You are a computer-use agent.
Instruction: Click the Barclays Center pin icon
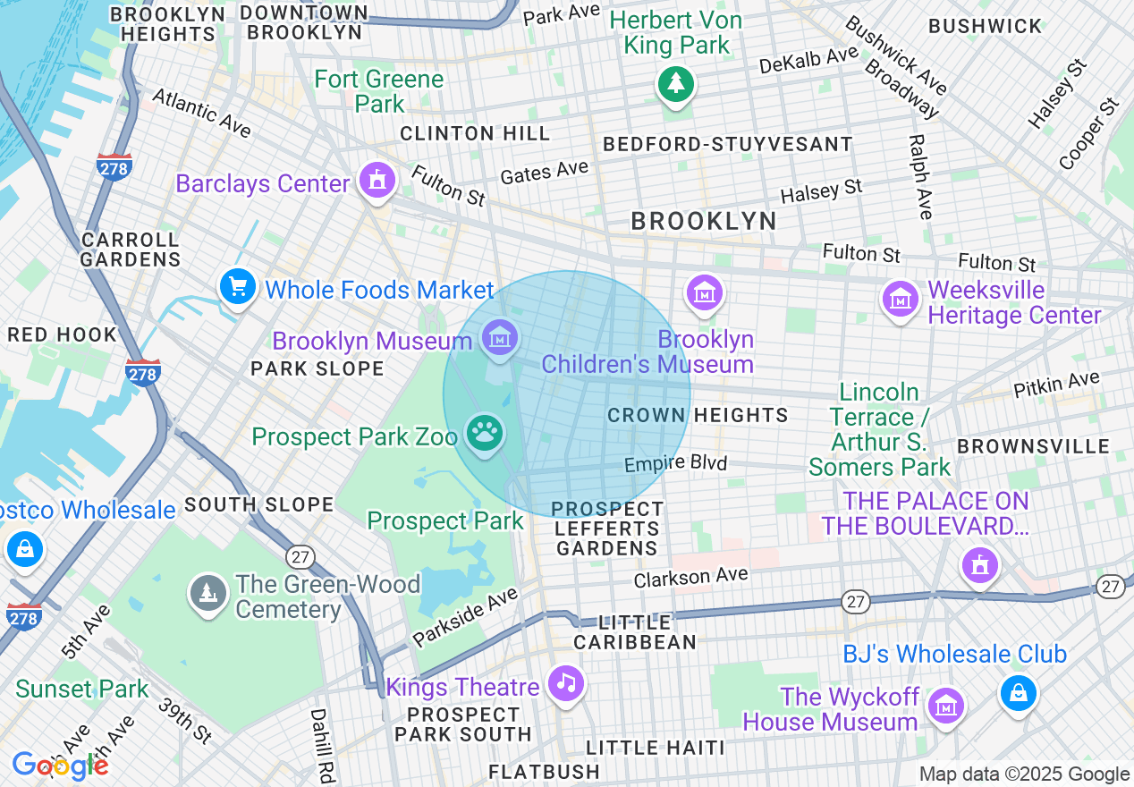[x=377, y=182]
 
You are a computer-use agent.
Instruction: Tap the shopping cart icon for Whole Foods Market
[x=238, y=287]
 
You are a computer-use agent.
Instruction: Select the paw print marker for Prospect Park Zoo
[x=486, y=435]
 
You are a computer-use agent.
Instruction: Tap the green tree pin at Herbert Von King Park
[x=676, y=85]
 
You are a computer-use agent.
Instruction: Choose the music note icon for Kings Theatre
[x=565, y=684]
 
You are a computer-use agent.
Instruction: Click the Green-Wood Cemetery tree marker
[x=207, y=593]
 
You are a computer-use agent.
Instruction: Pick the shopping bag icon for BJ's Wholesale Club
[x=1018, y=692]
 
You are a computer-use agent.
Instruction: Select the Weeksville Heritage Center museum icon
[x=900, y=300]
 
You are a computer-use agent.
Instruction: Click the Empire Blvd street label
[x=675, y=463]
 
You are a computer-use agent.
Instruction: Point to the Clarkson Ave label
[x=690, y=577]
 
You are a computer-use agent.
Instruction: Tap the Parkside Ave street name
[x=464, y=616]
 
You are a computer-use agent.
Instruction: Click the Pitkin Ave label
[x=1056, y=385]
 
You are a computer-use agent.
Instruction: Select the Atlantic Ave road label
[x=201, y=113]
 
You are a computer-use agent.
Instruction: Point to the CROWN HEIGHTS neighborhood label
[x=698, y=415]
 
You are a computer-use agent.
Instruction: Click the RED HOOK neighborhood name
[x=62, y=335]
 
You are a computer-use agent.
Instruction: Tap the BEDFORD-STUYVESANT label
[x=727, y=144]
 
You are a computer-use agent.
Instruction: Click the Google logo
[x=60, y=766]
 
